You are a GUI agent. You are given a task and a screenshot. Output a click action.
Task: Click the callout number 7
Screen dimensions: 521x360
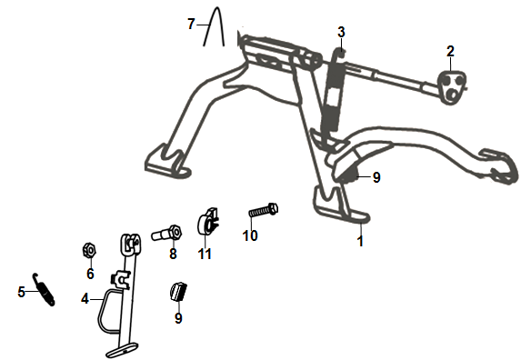tap(191, 25)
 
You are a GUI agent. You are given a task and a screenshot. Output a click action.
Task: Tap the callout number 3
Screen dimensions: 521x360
tap(341, 33)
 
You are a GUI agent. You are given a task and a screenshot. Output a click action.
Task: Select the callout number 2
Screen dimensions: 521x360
tap(449, 51)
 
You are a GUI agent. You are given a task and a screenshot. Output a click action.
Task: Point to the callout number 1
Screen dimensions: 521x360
tap(360, 242)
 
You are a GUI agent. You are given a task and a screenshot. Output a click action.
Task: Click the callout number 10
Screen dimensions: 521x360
tap(250, 235)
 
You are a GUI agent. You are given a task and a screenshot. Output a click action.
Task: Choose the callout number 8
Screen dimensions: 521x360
tap(172, 255)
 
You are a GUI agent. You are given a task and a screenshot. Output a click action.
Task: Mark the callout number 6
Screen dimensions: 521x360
tap(90, 273)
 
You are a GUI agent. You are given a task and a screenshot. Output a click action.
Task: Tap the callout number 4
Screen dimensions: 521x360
tap(85, 297)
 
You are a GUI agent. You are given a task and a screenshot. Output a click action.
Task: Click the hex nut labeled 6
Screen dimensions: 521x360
tap(90, 248)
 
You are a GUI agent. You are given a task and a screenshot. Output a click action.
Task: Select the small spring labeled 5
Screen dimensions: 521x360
tap(41, 290)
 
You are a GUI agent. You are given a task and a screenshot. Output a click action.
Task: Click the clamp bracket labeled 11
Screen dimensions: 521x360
tap(209, 223)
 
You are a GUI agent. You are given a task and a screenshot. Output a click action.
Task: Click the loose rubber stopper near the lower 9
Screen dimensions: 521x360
tap(177, 294)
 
